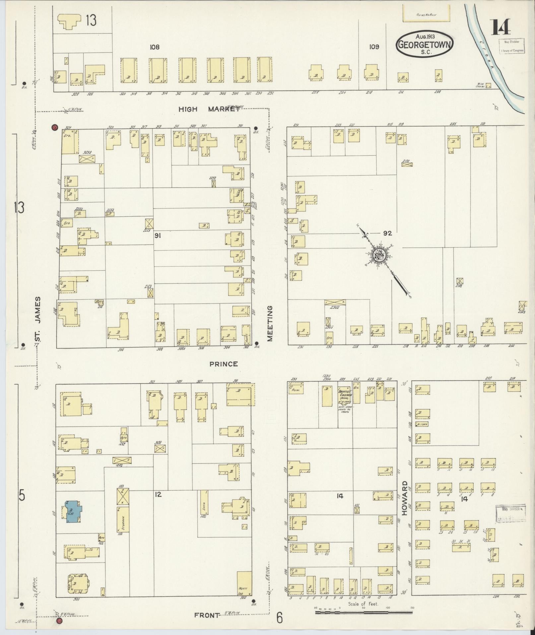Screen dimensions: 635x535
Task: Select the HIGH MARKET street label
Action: point(209,109)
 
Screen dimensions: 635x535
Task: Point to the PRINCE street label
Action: point(224,364)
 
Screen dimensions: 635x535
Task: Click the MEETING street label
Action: point(270,323)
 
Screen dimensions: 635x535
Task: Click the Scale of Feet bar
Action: point(363,610)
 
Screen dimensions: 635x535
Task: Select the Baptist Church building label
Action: point(345,393)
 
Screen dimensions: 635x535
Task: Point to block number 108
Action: point(154,47)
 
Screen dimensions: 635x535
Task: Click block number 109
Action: point(374,47)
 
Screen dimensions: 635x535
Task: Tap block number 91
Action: point(158,235)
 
